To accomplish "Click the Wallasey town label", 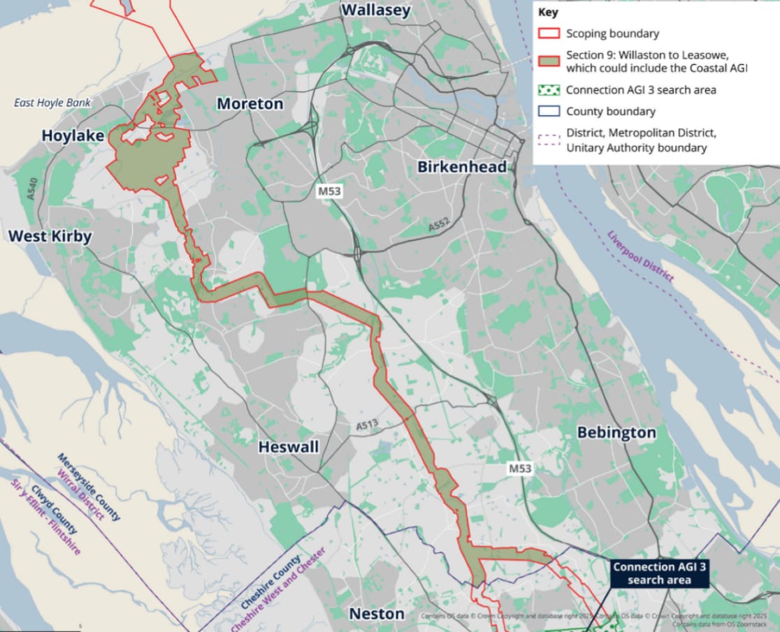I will pos(375,10).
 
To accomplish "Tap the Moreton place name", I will pos(250,104).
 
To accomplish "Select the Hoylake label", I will pos(73,135).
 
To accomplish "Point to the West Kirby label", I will pos(50,236).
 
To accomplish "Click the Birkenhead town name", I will pos(462,167).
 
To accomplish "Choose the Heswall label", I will pos(289,447).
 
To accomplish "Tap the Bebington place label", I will pos(616,433).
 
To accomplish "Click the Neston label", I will pos(377,614).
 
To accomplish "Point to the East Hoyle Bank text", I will pos(52,103).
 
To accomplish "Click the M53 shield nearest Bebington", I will pos(520,469).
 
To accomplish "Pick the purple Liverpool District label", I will pos(640,256).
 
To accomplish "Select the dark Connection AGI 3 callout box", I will pos(659,573).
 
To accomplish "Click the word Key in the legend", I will pos(548,12).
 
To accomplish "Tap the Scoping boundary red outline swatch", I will pos(549,34).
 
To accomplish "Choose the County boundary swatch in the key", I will pos(549,112).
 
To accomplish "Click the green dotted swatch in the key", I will pos(549,90).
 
